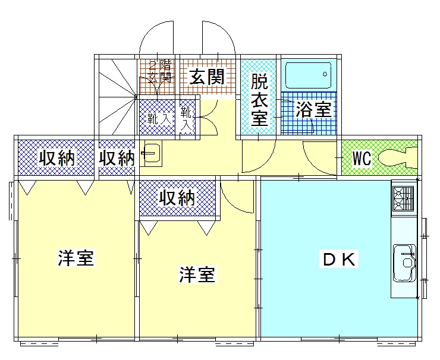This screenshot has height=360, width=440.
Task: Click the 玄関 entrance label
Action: coord(206,77)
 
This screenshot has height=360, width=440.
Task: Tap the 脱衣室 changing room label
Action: coord(259,99)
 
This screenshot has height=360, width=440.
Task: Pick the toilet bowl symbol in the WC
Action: coord(399,158)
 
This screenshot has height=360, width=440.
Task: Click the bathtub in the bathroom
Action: coord(307,75)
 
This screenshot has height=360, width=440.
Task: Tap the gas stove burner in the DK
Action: coord(403,198)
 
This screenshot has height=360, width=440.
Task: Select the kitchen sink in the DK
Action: coord(404,262)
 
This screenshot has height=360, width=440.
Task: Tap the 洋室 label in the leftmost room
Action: coord(76,258)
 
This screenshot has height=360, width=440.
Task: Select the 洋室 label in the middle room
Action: coord(197,275)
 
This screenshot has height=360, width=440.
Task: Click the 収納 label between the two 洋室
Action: coord(177,197)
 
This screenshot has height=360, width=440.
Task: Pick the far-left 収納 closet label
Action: coord(56,158)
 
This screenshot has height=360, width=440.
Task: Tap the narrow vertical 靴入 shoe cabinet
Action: coord(186,117)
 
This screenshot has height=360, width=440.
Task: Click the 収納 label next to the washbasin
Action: coord(117,158)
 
